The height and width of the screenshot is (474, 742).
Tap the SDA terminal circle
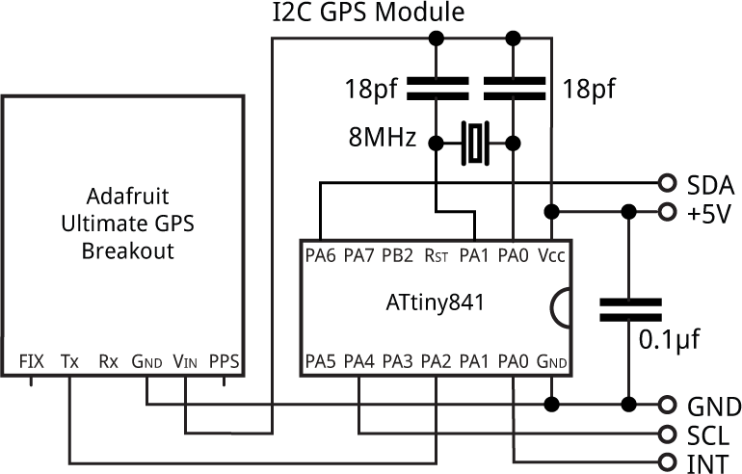tap(667, 183)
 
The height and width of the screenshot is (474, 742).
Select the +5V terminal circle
tap(667, 211)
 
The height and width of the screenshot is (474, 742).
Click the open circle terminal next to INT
tap(667, 460)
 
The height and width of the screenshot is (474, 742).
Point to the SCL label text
tap(708, 434)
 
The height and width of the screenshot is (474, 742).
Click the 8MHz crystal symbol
tap(475, 143)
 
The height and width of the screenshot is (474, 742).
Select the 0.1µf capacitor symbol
tap(630, 308)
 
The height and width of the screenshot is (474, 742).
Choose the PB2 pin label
tap(398, 256)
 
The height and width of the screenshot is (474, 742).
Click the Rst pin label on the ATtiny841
tap(437, 256)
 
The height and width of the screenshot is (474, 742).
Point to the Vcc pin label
tap(550, 256)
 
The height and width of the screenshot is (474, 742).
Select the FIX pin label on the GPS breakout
tap(32, 362)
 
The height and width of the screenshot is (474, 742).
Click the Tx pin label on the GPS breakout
tap(69, 362)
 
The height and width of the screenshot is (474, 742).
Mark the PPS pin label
tap(224, 362)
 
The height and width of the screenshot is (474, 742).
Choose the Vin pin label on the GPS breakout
tap(185, 362)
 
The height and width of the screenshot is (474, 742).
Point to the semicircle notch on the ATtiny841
tap(561, 308)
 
